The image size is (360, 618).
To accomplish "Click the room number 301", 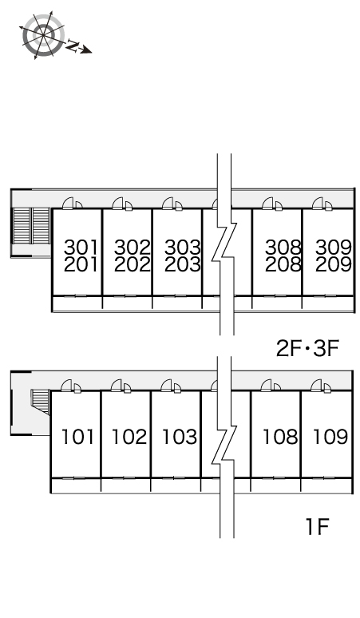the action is (x=81, y=248).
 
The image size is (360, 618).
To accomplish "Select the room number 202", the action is (x=133, y=264).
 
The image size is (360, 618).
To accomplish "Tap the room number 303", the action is (x=182, y=248).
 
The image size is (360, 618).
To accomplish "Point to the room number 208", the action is (x=283, y=264).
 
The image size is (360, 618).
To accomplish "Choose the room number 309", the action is (x=333, y=248).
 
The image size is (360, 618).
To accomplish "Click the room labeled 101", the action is (x=78, y=437).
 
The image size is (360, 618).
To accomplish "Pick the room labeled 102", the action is (x=129, y=437).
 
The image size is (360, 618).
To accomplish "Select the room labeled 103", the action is (x=180, y=437).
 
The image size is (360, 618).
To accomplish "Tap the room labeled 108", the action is (x=280, y=437).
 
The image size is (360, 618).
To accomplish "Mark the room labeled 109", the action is (x=330, y=437).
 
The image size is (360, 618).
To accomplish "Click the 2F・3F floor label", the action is (x=307, y=348).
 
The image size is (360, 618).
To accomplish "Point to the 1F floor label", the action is (x=317, y=526).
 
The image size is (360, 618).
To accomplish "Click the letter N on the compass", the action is (x=72, y=46).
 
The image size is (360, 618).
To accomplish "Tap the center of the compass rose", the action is (x=43, y=34).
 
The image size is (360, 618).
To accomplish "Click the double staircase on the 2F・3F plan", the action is (x=31, y=226).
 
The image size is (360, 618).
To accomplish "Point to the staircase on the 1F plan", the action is (x=40, y=402).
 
